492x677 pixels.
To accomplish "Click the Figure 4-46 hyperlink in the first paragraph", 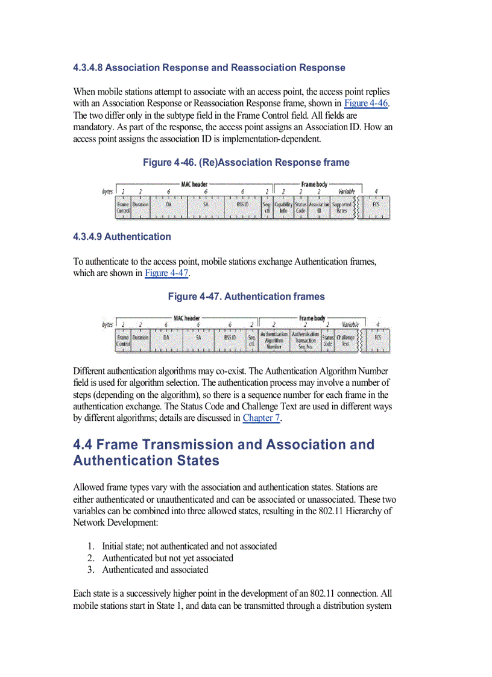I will [365, 103].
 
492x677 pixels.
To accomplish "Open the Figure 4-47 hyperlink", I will [167, 273].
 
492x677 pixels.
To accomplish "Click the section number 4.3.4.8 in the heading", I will [88, 68].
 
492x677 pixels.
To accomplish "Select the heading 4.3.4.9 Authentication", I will [122, 236].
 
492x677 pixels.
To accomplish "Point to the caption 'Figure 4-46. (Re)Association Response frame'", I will [246, 162].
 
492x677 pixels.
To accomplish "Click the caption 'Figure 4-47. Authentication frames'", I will [246, 296].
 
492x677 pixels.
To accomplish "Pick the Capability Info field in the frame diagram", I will [283, 208].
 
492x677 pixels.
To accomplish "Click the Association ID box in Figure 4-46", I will [319, 208].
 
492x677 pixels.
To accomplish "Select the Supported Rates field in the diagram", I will [342, 208].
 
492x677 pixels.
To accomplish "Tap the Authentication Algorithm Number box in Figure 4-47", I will [274, 341].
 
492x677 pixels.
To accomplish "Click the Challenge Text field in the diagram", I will [345, 341].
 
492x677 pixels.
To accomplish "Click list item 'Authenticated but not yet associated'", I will [167, 558].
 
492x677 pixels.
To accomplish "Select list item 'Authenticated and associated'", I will [155, 570].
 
